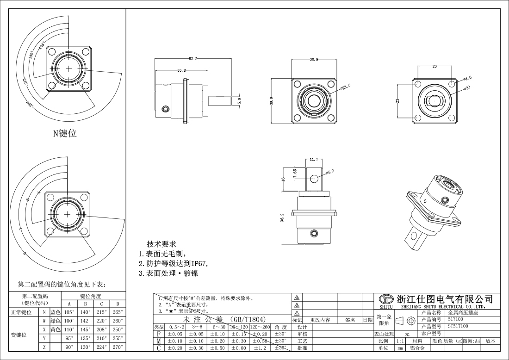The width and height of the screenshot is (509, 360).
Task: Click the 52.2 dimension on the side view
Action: pos(193,59)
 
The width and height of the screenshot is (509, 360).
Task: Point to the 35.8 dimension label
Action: pos(181,70)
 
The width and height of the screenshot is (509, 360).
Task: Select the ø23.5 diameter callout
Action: pos(346,86)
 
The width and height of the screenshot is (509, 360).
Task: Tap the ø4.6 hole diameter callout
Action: pos(467,78)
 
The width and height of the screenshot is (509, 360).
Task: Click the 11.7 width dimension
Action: pos(314,160)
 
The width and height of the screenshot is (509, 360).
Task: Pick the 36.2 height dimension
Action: pos(282,217)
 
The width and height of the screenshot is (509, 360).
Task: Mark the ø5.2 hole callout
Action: pos(329,172)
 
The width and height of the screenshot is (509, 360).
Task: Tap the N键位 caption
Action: pos(64,134)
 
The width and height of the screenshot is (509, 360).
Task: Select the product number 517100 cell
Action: pos(456,319)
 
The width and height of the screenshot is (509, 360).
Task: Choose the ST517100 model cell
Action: pos(458,326)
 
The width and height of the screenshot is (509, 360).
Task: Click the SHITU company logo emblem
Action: pos(386,299)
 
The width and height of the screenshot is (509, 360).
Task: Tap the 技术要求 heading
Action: pos(161,244)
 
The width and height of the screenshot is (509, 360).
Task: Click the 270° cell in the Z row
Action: pos(118,347)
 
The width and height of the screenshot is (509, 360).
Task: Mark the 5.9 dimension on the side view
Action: pos(239,100)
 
